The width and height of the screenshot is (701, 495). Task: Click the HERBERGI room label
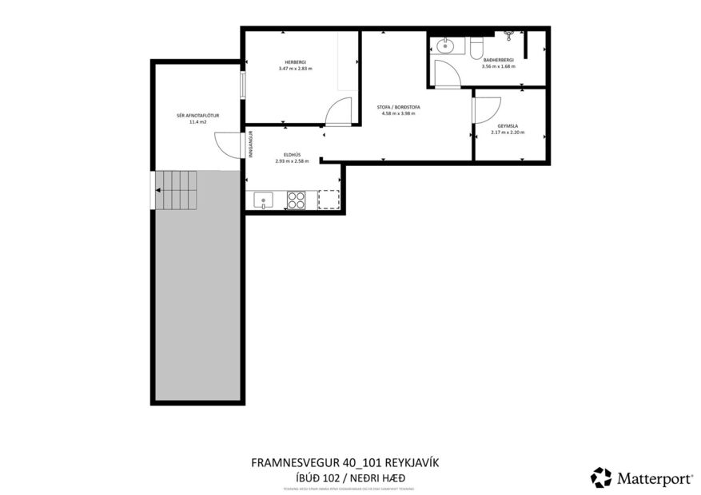(x=295, y=62)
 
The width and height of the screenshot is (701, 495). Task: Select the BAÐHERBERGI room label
(x=498, y=60)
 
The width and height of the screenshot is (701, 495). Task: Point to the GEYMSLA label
(x=508, y=126)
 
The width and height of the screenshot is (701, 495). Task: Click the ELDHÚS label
(x=292, y=155)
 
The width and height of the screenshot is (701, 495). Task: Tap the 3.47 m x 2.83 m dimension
(x=295, y=69)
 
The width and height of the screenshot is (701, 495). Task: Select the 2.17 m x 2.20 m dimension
(x=508, y=133)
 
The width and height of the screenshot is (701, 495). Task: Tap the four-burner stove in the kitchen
(x=296, y=200)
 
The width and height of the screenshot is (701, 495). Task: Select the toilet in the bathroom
(x=477, y=48)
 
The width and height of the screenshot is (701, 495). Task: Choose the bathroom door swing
(x=447, y=73)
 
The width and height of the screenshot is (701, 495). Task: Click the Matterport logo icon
(x=600, y=477)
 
